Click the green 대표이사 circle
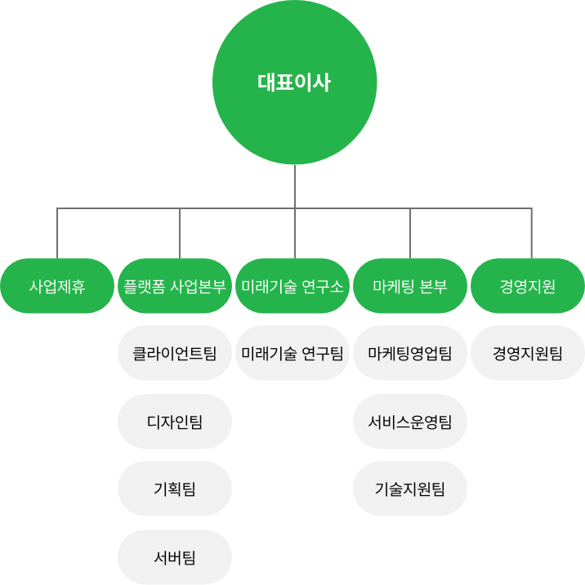[x=294, y=83]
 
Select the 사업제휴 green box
[x=57, y=286]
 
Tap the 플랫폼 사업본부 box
[x=175, y=286]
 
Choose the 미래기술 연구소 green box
[x=292, y=286]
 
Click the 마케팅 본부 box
[x=410, y=286]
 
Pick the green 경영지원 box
[x=528, y=286]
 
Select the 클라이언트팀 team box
[x=175, y=354]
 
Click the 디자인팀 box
[x=175, y=422]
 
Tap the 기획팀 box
[x=175, y=489]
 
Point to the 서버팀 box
[x=175, y=557]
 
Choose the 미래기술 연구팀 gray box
[x=292, y=354]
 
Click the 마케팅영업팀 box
[x=410, y=354]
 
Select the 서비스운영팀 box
[x=410, y=422]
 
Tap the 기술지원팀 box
[x=410, y=489]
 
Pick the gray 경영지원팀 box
[x=528, y=354]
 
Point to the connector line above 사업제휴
[x=57, y=234]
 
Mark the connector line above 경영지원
[x=531, y=234]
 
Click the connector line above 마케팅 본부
[x=410, y=234]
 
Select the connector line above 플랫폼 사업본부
[x=179, y=234]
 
